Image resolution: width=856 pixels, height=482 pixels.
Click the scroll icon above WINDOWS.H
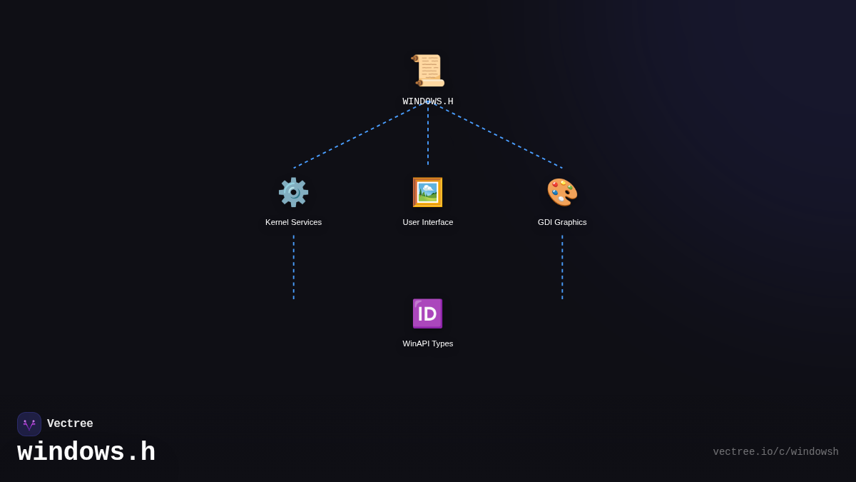coord(428,71)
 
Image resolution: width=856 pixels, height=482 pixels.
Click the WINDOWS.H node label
coord(428,102)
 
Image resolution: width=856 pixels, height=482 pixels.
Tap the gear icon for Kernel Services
coord(293,192)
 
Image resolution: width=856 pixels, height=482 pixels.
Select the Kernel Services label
coord(293,222)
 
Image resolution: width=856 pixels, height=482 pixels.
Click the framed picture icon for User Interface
coord(428,192)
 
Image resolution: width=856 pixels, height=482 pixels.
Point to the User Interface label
coord(428,222)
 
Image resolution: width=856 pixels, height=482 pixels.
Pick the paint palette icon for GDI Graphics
coord(562,192)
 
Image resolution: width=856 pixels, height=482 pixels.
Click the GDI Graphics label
coord(562,222)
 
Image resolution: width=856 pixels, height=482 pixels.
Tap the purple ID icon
coord(428,313)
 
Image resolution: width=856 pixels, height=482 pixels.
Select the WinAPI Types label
coord(428,343)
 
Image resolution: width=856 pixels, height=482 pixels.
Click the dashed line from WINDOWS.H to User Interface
coord(428,136)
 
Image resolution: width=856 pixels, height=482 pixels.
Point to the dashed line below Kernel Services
coord(293,267)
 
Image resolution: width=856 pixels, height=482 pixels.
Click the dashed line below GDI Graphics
coord(562,267)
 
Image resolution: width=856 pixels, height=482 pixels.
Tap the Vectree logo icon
coord(29,424)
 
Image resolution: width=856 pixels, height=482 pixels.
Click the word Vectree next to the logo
coord(70,424)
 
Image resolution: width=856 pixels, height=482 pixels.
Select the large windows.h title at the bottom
coord(86,453)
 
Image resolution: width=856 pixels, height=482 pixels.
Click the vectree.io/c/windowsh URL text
coord(775,452)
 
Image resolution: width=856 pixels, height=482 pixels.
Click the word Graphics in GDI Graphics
coord(571,222)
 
